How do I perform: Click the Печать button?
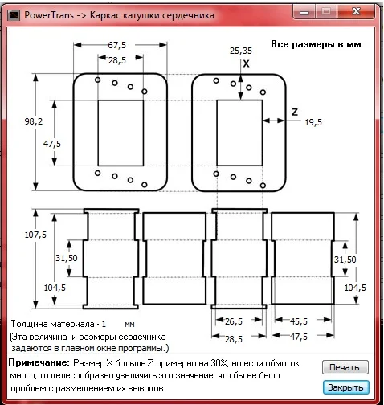pyautogui.click(x=345, y=367)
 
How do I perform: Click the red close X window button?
pyautogui.click(x=356, y=11)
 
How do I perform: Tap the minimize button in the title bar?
pyautogui.click(x=304, y=12)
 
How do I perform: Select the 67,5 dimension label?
pyautogui.click(x=116, y=45)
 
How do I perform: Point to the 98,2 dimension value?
pyautogui.click(x=34, y=121)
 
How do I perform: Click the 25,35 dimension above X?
pyautogui.click(x=241, y=51)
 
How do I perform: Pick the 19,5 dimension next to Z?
pyautogui.click(x=313, y=122)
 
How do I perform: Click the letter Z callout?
pyautogui.click(x=295, y=112)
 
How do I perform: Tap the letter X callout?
pyautogui.click(x=246, y=63)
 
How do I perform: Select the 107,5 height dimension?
pyautogui.click(x=35, y=235)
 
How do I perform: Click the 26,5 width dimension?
pyautogui.click(x=234, y=321)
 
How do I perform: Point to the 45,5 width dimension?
pyautogui.click(x=299, y=321)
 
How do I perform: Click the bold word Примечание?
pyautogui.click(x=39, y=362)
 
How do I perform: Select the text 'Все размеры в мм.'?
pyautogui.click(x=317, y=44)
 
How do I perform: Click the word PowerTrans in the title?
pyautogui.click(x=49, y=15)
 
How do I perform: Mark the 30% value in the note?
pyautogui.click(x=219, y=363)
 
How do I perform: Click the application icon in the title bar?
pyautogui.click(x=14, y=15)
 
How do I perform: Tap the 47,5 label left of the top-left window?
pyautogui.click(x=52, y=144)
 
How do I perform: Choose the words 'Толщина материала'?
pyautogui.click(x=53, y=324)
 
